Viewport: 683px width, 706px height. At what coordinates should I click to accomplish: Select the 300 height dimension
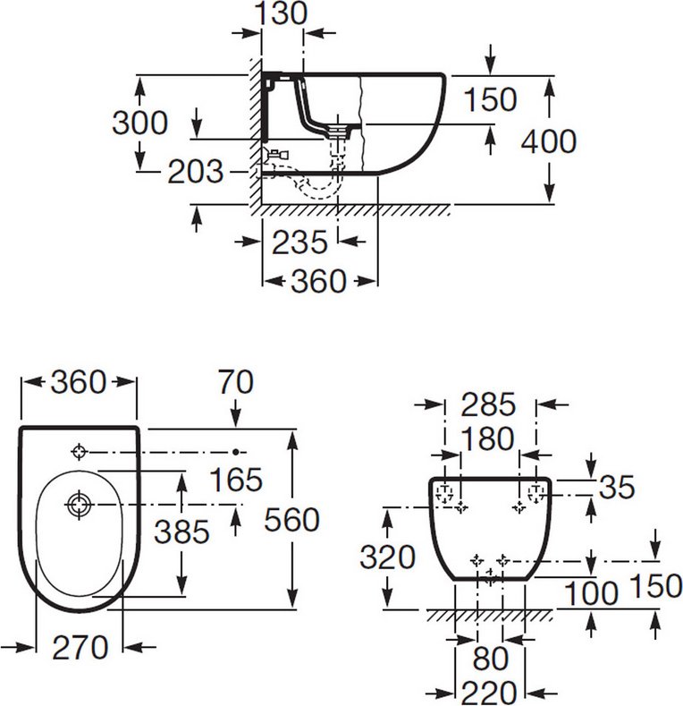point(139,123)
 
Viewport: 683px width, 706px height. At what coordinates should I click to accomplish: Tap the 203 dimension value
point(196,172)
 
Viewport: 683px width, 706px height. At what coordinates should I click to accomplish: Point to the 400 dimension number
point(548,141)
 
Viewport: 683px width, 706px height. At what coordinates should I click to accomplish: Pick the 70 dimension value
point(235,382)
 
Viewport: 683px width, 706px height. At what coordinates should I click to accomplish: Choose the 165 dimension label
point(236,480)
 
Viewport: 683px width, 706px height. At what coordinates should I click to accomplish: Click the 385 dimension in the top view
point(181,532)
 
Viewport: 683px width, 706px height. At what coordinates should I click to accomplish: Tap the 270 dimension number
point(79,646)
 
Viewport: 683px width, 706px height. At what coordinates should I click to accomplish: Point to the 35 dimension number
point(618,488)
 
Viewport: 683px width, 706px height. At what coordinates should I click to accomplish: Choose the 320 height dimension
point(387,557)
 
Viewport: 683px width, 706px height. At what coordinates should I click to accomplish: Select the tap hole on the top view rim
point(80,452)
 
